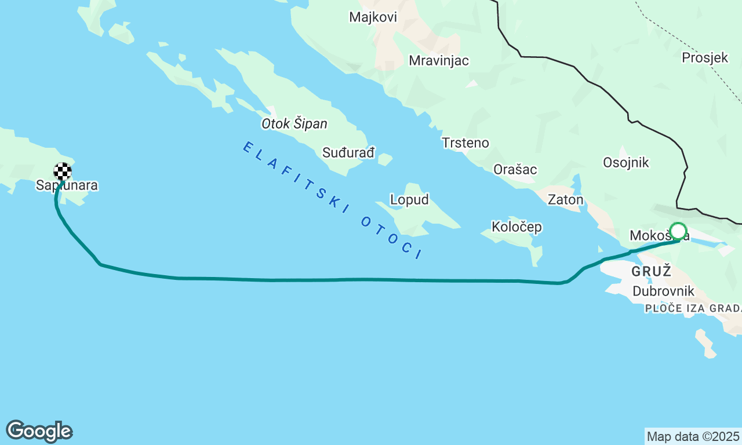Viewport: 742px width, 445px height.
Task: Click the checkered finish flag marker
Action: (63, 172)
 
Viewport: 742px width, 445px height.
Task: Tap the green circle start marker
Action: (678, 232)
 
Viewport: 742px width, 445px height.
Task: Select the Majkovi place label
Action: (373, 17)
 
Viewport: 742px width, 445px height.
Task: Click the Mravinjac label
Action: (438, 61)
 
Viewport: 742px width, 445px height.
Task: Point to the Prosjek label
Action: (704, 57)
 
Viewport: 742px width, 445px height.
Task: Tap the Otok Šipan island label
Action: (294, 124)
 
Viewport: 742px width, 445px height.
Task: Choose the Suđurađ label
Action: (348, 153)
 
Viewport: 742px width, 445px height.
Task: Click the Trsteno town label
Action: (465, 143)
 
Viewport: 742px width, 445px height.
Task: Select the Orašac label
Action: (515, 170)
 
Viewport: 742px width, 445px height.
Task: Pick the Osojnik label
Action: (625, 162)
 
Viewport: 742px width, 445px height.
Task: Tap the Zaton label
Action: (565, 200)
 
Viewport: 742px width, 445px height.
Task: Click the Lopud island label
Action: (409, 200)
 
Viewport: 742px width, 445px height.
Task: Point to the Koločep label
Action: (517, 227)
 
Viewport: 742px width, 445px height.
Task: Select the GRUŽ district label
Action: (651, 271)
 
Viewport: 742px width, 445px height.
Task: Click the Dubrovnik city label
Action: (663, 291)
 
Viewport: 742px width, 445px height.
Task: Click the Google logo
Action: (39, 432)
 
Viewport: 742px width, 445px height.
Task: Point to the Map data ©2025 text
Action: (693, 436)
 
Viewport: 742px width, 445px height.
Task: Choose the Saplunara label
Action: (67, 186)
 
